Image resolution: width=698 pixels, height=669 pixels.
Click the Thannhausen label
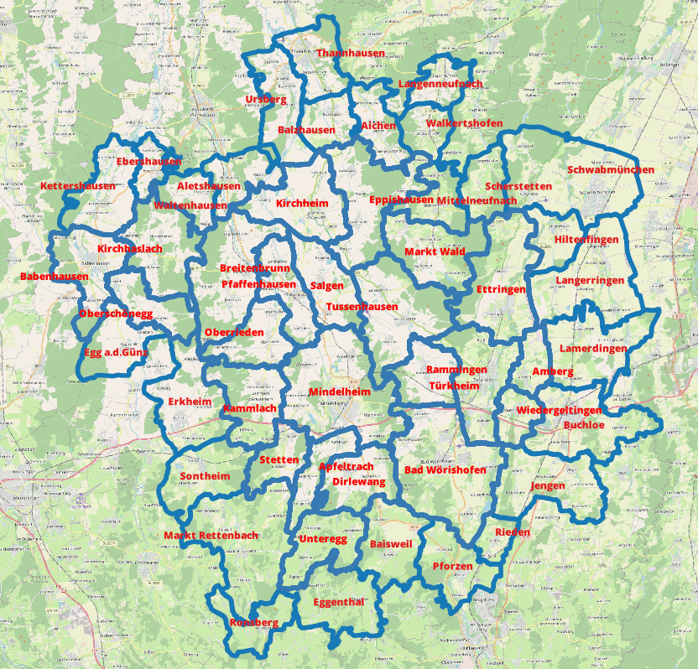click(x=351, y=53)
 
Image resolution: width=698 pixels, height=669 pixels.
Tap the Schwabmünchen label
click(x=611, y=170)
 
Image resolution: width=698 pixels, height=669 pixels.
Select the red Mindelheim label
click(x=340, y=392)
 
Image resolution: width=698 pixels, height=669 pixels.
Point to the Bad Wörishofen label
click(x=445, y=470)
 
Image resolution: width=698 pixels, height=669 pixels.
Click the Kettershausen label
click(x=78, y=186)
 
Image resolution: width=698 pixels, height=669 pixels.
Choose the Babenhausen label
click(x=55, y=277)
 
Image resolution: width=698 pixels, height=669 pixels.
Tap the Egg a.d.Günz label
click(x=116, y=352)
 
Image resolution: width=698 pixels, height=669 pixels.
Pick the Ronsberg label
click(x=253, y=623)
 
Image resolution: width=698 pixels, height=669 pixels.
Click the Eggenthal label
click(x=338, y=603)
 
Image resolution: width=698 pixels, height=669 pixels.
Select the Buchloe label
click(x=585, y=425)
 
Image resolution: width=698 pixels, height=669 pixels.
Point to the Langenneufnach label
click(x=440, y=85)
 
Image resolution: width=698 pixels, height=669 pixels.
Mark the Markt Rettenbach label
click(x=211, y=536)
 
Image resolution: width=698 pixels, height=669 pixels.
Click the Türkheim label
click(x=454, y=386)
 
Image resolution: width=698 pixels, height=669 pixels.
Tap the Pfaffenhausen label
click(x=258, y=285)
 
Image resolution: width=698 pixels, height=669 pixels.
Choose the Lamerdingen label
click(x=593, y=349)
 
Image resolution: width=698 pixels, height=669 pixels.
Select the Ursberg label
click(x=266, y=100)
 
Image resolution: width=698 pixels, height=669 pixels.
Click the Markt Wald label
click(x=435, y=252)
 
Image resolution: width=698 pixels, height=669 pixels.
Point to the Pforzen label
click(x=452, y=567)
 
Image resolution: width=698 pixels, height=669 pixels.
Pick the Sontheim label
click(x=205, y=476)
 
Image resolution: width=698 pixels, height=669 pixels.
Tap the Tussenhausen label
click(x=362, y=307)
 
